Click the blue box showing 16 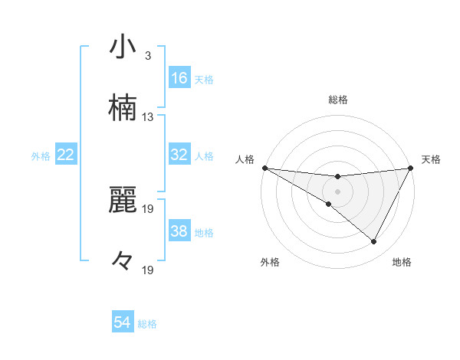pyautogui.click(x=179, y=78)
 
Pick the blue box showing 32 pyautogui.click(x=179, y=155)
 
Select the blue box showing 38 pyautogui.click(x=179, y=231)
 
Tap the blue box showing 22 pyautogui.click(x=66, y=155)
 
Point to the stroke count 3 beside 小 pyautogui.click(x=147, y=56)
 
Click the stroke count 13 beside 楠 pyautogui.click(x=147, y=117)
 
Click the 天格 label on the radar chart pyautogui.click(x=432, y=159)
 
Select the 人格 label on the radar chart pyautogui.click(x=245, y=159)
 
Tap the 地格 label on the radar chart pyautogui.click(x=402, y=263)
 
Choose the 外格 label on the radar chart pyautogui.click(x=270, y=263)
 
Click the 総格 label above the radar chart pyautogui.click(x=337, y=100)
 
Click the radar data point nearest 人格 pyautogui.click(x=264, y=168)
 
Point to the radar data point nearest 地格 pyautogui.click(x=374, y=242)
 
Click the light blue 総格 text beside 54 pyautogui.click(x=147, y=324)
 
